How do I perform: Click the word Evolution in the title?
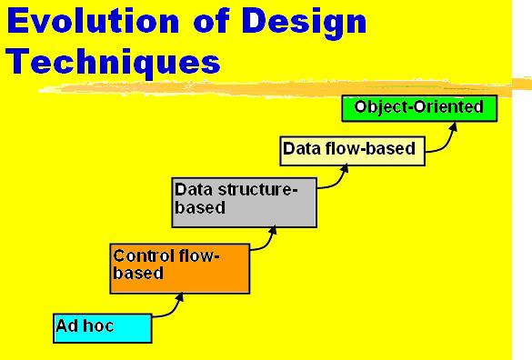(x=93, y=21)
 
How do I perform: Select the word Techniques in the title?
(x=114, y=63)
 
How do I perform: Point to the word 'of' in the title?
(x=210, y=21)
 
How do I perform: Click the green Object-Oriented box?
(x=419, y=108)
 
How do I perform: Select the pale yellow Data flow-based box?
(x=352, y=151)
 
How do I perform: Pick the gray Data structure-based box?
(x=245, y=202)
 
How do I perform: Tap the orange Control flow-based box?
(x=180, y=268)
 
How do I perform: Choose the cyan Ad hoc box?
(x=103, y=328)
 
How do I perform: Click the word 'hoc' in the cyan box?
(x=99, y=326)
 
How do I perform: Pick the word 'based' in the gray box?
(x=200, y=207)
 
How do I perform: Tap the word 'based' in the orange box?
(x=138, y=273)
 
